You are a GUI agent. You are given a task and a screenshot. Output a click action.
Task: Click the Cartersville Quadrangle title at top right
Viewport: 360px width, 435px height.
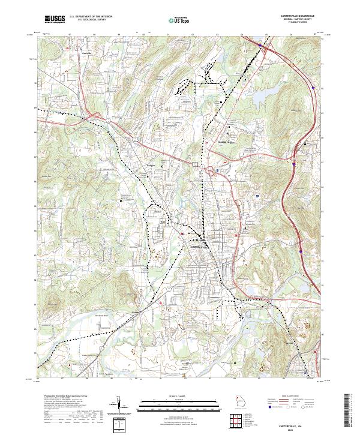coord(304,16)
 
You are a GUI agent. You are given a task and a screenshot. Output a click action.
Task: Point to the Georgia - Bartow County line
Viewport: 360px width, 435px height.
coord(304,20)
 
